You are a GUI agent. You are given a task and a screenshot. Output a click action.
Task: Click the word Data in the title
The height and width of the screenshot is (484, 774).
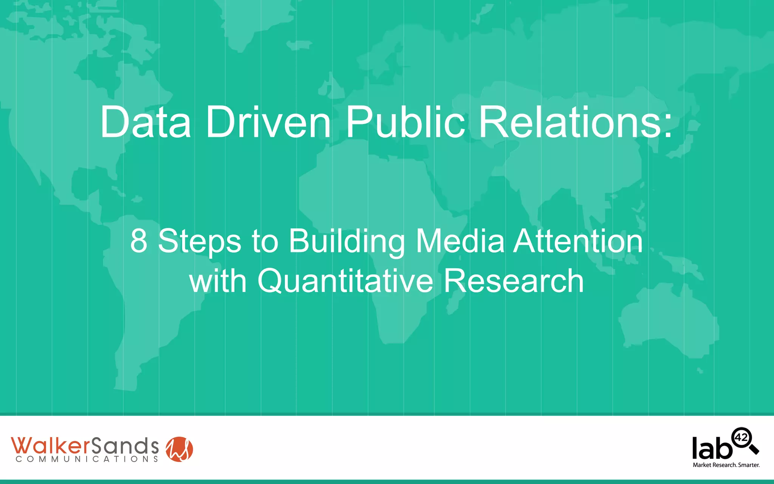click(146, 122)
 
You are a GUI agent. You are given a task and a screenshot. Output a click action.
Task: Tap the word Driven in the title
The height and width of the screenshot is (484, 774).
click(268, 122)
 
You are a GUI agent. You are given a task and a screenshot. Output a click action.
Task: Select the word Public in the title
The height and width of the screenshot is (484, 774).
click(405, 122)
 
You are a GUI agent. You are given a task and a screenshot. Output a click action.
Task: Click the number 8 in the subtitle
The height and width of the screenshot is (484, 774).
click(139, 241)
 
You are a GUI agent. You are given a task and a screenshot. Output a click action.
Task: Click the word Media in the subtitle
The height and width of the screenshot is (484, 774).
click(460, 241)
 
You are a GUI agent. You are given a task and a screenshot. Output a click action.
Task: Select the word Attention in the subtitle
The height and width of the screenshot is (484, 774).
click(578, 241)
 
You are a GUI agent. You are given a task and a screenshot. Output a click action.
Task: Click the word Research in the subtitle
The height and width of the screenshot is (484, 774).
click(514, 281)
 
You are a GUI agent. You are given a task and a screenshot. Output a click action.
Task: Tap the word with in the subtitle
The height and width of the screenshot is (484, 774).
click(218, 281)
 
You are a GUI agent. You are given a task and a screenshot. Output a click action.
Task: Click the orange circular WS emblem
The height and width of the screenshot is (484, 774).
click(180, 449)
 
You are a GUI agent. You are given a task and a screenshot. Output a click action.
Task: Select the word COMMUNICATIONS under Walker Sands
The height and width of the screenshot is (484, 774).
click(87, 459)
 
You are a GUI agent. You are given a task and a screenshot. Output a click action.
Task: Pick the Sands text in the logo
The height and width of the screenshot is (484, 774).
click(124, 446)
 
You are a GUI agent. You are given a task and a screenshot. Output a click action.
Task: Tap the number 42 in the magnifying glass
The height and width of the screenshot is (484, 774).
click(741, 437)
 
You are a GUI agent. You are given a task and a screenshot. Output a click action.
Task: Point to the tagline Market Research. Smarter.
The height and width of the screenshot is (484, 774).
click(726, 465)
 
